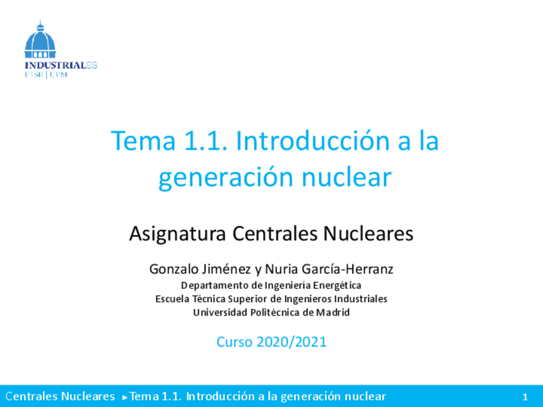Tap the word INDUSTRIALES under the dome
[x=60, y=65]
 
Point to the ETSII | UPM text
[x=45, y=74]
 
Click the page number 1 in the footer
[x=525, y=397]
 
